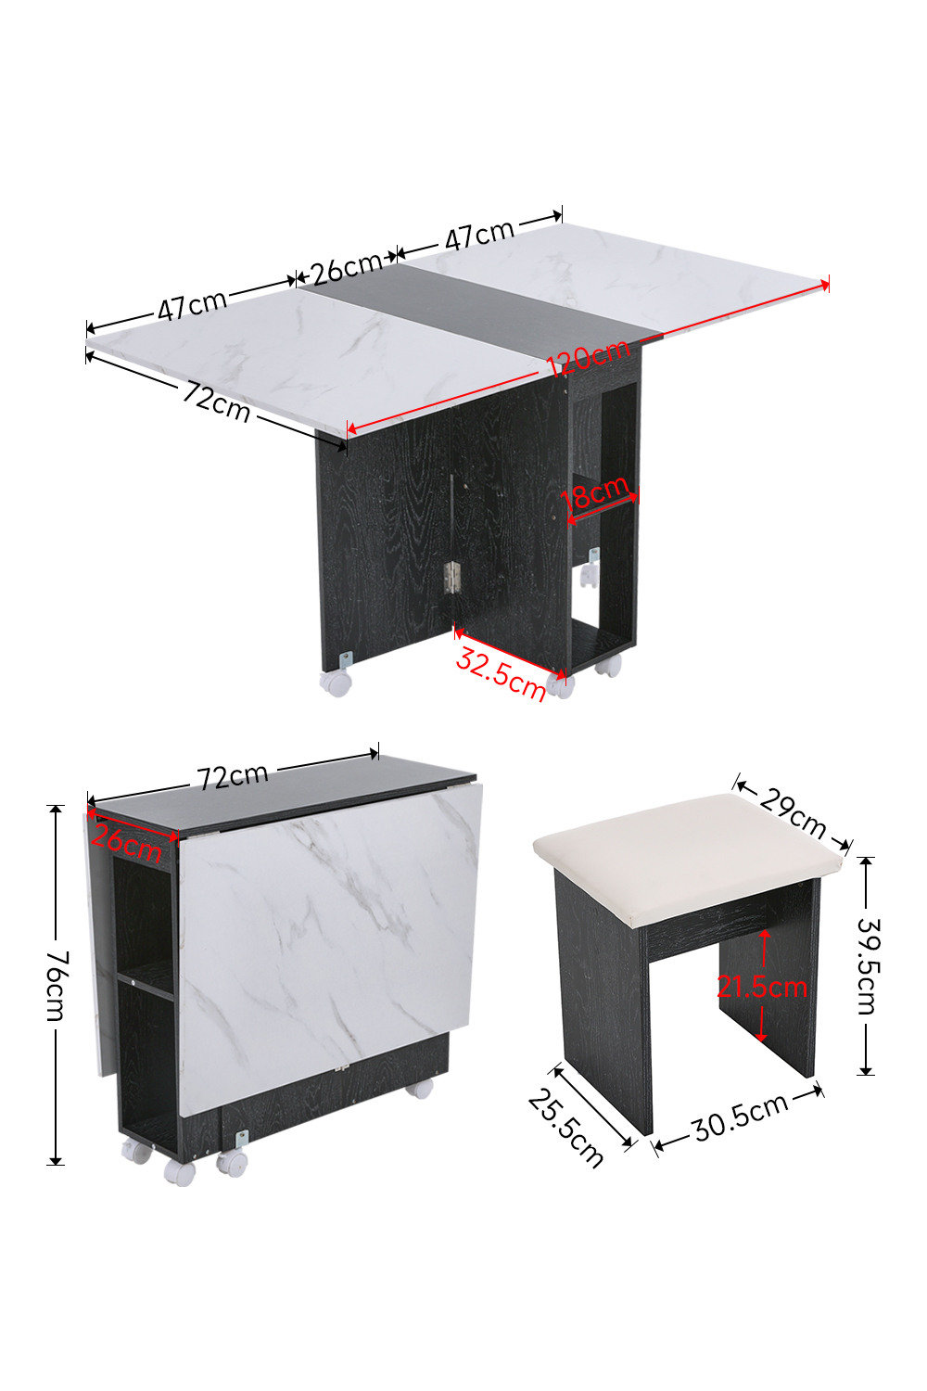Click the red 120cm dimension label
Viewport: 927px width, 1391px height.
tap(588, 357)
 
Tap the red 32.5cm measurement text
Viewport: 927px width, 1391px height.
tap(501, 674)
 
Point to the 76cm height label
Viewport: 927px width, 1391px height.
tap(58, 986)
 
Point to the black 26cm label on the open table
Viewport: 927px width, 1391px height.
tap(347, 268)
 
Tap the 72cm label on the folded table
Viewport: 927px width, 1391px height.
tap(233, 776)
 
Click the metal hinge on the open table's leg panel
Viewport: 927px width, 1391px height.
tap(451, 577)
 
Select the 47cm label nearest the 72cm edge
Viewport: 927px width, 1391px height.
tap(193, 305)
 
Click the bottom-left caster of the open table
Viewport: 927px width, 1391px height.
tap(336, 682)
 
